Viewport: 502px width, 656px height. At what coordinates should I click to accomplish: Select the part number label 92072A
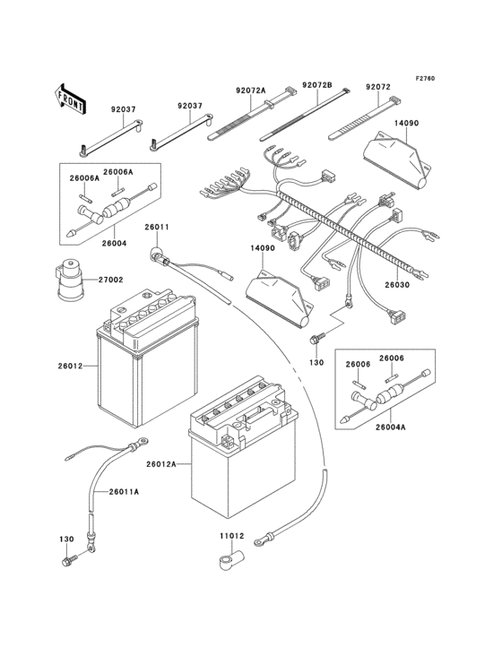[x=252, y=91]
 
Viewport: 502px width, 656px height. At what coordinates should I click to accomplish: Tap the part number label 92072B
[x=316, y=85]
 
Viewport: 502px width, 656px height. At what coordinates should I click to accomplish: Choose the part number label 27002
[x=110, y=280]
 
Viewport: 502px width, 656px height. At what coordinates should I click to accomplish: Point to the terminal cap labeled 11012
[x=226, y=562]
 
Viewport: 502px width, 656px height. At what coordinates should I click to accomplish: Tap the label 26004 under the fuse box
[x=113, y=243]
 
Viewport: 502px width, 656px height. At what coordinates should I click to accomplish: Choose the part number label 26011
[x=156, y=228]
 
